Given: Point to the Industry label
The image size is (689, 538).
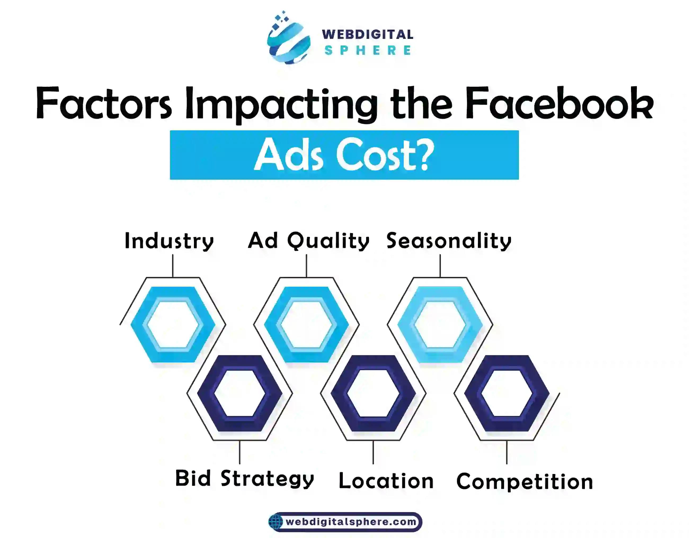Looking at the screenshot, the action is point(170,241).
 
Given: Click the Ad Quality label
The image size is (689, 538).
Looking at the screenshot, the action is point(309,241).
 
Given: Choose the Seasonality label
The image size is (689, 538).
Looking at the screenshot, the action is point(449,241).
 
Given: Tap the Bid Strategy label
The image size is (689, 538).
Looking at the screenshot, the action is point(245,479).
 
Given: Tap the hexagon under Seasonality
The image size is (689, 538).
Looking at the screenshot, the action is point(403,325).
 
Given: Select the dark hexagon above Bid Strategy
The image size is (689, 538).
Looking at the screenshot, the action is point(203,393).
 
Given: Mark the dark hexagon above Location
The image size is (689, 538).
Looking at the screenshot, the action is point(337,393).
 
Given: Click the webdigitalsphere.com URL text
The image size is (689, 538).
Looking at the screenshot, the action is point(351,522).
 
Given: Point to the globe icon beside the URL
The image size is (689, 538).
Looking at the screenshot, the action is point(275,522).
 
